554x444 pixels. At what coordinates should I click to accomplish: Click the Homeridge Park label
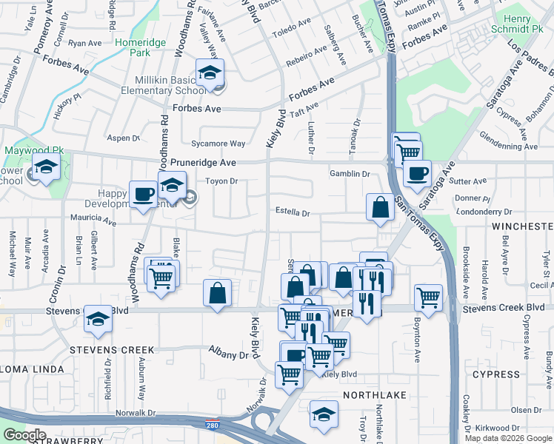[x=136, y=48]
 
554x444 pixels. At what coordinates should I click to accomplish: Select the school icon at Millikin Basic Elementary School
[x=210, y=74]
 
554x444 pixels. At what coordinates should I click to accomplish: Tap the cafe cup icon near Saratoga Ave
[x=417, y=175]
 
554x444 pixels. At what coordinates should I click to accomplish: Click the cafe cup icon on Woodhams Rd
[x=143, y=195]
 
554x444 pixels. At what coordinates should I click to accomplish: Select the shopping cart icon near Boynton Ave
[x=429, y=297]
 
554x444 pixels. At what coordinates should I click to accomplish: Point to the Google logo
[x=24, y=435]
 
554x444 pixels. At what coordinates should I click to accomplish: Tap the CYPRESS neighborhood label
[x=495, y=374]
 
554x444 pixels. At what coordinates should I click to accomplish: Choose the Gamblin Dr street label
[x=350, y=174]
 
